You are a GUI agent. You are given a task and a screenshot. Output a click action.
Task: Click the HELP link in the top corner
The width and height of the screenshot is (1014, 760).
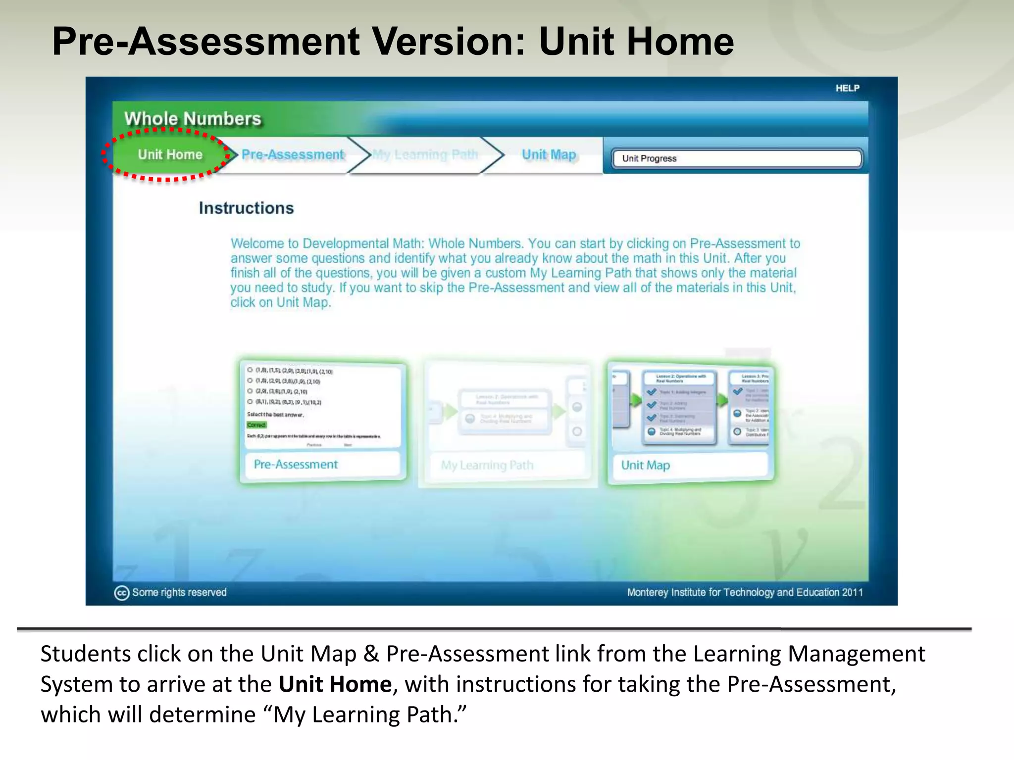click(847, 88)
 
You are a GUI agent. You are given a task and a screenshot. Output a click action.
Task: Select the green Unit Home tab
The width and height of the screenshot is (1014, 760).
click(170, 154)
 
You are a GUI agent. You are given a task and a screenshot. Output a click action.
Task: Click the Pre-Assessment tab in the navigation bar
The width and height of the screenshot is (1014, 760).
click(293, 154)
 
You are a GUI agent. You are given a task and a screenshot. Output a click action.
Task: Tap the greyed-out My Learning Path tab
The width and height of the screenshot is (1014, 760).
click(425, 155)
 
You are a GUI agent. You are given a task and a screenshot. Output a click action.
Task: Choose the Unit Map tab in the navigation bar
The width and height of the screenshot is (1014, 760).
click(549, 155)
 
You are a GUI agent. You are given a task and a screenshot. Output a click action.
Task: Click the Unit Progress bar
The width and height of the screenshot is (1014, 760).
click(736, 158)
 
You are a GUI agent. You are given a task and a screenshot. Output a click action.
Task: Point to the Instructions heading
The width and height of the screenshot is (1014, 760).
click(246, 208)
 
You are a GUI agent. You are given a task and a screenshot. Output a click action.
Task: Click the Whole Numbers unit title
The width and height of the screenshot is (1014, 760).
click(193, 119)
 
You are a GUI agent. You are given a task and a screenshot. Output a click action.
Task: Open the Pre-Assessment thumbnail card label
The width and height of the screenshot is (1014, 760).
click(296, 465)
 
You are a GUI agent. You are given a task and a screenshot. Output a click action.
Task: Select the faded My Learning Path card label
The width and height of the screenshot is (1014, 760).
click(487, 465)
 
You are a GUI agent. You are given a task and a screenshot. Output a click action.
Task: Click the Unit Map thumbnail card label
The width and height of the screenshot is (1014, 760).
click(645, 465)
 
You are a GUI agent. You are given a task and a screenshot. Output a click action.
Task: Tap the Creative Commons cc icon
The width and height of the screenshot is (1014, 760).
click(121, 593)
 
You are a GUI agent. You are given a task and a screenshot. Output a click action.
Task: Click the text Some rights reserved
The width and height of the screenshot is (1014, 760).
click(179, 592)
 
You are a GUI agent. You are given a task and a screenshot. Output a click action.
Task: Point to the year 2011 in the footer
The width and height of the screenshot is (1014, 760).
click(852, 592)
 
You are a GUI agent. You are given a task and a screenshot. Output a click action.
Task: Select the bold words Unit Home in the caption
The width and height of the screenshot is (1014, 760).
click(335, 684)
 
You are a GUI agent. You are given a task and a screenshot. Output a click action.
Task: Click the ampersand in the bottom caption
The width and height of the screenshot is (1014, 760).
click(371, 654)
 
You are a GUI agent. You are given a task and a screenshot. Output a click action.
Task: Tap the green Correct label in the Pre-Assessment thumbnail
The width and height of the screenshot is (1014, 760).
click(256, 425)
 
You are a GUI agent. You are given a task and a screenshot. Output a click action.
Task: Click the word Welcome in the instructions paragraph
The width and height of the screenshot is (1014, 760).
click(257, 243)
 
